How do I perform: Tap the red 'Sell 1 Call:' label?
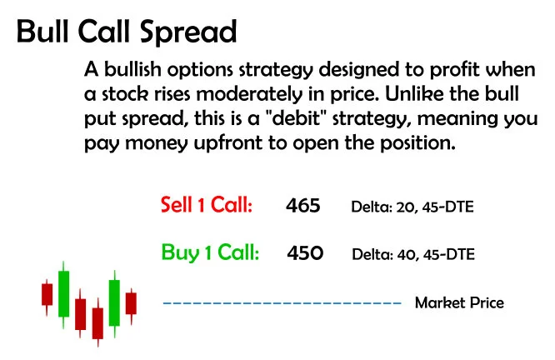tap(206, 205)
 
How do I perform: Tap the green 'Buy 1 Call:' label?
tap(209, 252)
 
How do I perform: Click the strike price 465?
tap(302, 205)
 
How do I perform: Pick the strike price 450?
tap(305, 252)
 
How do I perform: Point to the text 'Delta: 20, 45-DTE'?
tap(412, 206)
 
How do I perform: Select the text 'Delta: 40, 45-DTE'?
tap(413, 253)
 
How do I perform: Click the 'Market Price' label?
tap(459, 302)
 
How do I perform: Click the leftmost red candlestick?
tap(47, 294)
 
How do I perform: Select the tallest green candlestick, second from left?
tap(63, 292)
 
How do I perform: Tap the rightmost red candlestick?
tap(131, 302)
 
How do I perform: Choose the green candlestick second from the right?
tap(114, 302)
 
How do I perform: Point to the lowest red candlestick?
tap(97, 322)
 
